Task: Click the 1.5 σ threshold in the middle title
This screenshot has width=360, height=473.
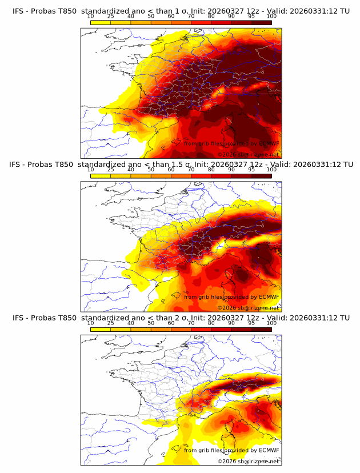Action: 183,165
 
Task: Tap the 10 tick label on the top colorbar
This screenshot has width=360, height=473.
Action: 91,16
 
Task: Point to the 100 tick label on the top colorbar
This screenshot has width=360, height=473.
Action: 271,16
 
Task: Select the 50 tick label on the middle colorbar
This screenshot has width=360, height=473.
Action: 151,170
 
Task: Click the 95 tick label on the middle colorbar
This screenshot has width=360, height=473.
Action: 251,170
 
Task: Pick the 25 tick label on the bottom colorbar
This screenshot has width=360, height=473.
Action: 111,323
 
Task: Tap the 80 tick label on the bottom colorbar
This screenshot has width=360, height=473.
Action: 211,323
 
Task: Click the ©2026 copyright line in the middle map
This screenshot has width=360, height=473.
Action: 248,307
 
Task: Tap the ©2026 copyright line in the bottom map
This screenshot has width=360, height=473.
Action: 248,461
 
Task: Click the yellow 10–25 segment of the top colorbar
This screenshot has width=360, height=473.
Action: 101,22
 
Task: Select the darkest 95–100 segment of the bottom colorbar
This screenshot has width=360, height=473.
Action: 261,329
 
